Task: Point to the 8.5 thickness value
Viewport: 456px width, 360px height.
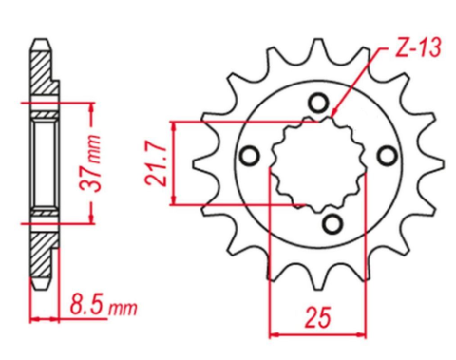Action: click(x=86, y=308)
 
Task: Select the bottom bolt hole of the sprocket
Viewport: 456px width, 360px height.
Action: click(x=332, y=222)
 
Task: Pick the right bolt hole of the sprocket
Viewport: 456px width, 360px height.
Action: click(x=386, y=152)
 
